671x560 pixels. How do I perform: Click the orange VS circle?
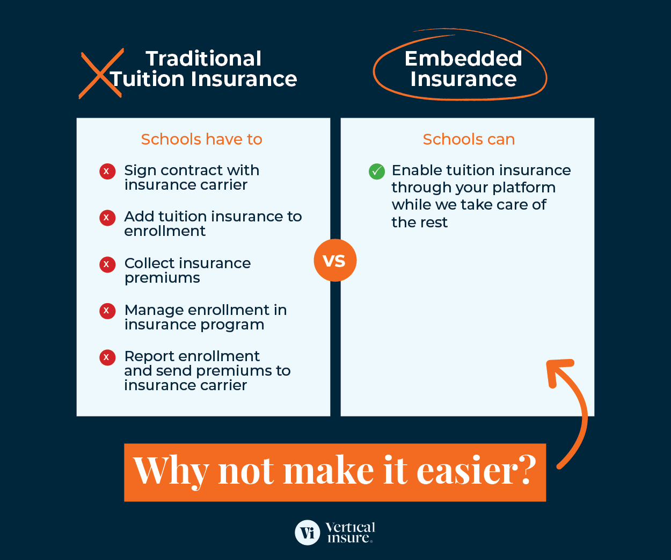[x=335, y=260]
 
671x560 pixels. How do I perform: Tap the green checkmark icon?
[x=377, y=171]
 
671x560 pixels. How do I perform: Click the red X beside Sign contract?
[x=107, y=171]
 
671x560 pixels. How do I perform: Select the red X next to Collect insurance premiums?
[x=107, y=264]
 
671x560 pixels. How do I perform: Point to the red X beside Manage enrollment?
[x=107, y=311]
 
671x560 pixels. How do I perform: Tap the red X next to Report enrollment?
[x=107, y=357]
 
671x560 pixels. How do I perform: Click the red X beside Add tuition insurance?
[x=107, y=218]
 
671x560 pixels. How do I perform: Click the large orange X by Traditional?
[x=101, y=73]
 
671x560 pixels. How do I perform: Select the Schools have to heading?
[x=201, y=139]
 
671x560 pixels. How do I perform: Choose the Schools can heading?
[x=469, y=139]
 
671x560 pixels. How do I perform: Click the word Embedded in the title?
[x=463, y=58]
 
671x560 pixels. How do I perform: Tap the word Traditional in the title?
[x=203, y=58]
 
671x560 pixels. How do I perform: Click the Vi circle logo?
[x=308, y=533]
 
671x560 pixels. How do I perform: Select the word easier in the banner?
[x=476, y=471]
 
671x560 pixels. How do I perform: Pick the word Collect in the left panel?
[x=148, y=263]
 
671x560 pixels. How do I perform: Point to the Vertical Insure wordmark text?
[x=350, y=533]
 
